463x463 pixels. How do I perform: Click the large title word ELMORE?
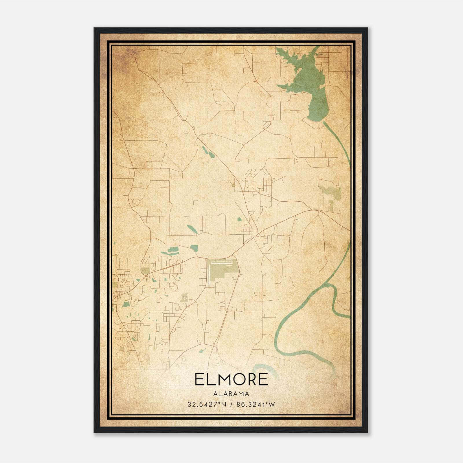coord(231,379)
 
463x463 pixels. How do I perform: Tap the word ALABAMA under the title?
coord(231,394)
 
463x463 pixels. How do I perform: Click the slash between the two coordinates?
coord(231,404)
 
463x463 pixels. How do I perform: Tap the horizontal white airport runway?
coord(221,263)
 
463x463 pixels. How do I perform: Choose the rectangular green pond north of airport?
coord(194,248)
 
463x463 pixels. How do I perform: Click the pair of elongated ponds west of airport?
coord(170,251)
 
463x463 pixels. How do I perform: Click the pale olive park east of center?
coord(330,192)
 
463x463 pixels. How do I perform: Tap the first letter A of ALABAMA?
coord(215,394)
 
